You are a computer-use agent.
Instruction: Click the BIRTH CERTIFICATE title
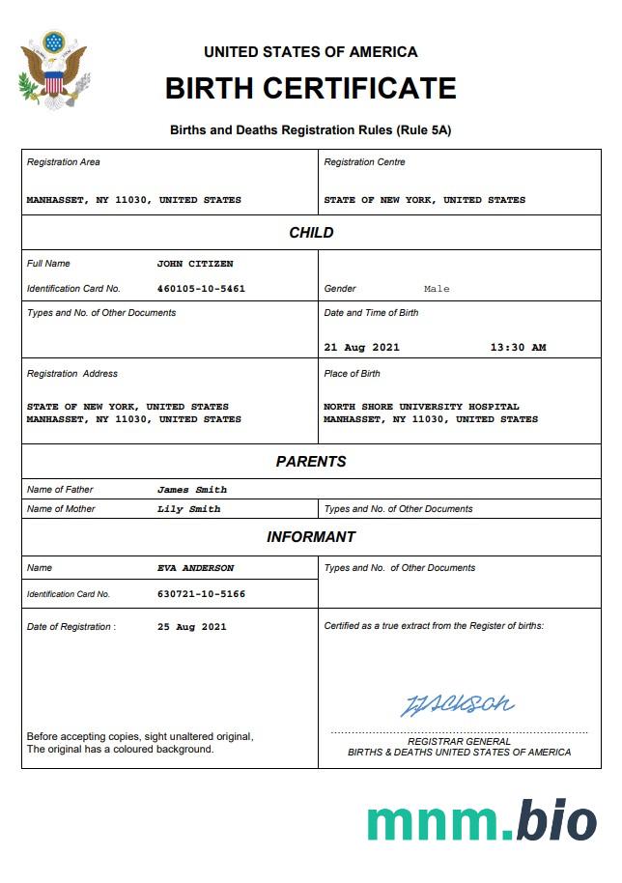coord(310,88)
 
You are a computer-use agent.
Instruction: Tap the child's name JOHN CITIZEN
coord(195,264)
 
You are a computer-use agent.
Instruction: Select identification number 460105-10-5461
coord(201,289)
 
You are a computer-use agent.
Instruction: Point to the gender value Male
coord(437,289)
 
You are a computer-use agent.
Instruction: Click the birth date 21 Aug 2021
coord(361,348)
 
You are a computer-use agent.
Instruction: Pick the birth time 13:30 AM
coord(518,348)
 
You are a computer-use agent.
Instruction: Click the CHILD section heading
coord(311,233)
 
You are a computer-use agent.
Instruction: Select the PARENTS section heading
coord(311,462)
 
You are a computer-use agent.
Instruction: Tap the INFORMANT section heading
coord(311,537)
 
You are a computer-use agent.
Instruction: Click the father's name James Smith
coord(192,490)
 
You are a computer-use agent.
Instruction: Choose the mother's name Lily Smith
coord(189,509)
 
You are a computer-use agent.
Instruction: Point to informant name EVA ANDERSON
coord(195,568)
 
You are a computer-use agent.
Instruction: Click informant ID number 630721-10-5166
coord(201,594)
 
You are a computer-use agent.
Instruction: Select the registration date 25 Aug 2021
coord(192,627)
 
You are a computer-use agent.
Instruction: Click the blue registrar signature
coord(457,704)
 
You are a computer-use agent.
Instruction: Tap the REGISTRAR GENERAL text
coord(459,742)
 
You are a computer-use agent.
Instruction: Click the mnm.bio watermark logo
coord(481,821)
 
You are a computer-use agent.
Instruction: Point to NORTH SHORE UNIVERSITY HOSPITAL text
coord(421,407)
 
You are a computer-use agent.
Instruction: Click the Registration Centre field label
coord(364,162)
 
